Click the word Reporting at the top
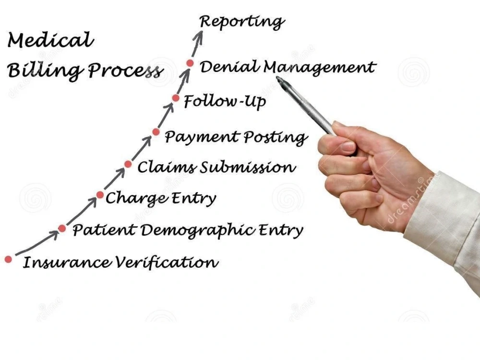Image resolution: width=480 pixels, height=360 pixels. (x=241, y=22)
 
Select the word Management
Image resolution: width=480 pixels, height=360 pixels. (x=320, y=68)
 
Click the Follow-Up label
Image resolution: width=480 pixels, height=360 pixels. (x=225, y=101)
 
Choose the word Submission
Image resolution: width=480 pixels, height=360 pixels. (x=248, y=167)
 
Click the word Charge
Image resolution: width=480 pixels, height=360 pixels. (x=136, y=198)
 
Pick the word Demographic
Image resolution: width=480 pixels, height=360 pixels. (x=197, y=230)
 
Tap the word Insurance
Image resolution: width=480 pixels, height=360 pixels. (x=67, y=263)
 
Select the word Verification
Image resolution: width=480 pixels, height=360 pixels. (x=167, y=263)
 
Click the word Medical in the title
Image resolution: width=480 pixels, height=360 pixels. (x=50, y=40)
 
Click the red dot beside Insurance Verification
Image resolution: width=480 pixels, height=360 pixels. (x=8, y=259)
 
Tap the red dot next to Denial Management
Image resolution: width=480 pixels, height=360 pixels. (x=190, y=63)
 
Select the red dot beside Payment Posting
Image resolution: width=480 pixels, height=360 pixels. (x=156, y=132)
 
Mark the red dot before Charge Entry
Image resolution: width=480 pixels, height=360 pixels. (x=100, y=195)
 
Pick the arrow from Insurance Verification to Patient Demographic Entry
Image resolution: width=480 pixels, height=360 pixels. (x=37, y=243)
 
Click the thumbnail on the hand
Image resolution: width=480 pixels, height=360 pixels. (x=348, y=146)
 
